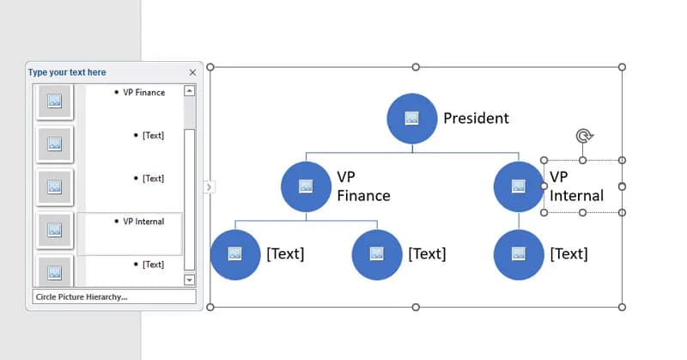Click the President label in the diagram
coord(476,119)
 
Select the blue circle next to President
coord(412,119)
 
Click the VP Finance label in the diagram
coord(362,186)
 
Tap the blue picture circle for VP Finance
coord(306,186)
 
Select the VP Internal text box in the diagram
coord(576,186)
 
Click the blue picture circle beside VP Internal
coord(519,186)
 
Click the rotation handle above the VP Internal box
coord(583,137)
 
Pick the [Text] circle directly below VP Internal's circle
coord(519,253)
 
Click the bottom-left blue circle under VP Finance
coord(235,253)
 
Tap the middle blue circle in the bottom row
coord(377,253)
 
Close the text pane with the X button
coord(192,73)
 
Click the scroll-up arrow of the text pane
coord(190,90)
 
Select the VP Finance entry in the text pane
coord(143,92)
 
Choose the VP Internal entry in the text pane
coord(143,221)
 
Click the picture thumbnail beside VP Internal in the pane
coord(54,229)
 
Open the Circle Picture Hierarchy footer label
coord(82,296)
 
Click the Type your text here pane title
coord(67,72)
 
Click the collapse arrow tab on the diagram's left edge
coord(210,186)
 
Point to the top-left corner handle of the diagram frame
coord(210,67)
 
